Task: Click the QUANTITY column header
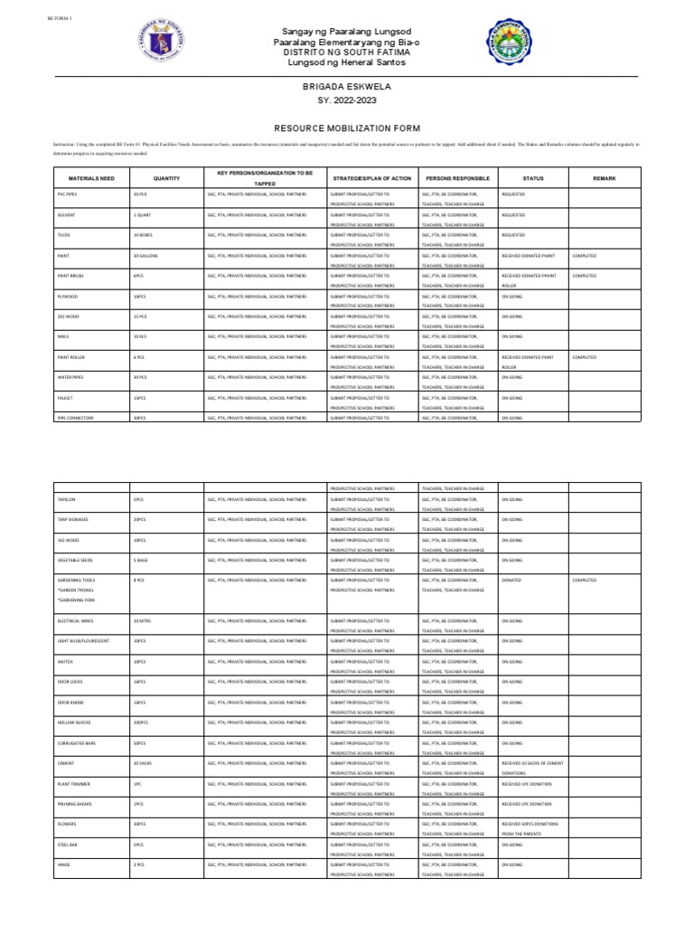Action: (167, 179)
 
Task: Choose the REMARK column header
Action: (605, 179)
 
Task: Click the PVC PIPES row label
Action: (70, 194)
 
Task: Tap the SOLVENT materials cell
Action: (67, 215)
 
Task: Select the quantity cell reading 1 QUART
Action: (142, 215)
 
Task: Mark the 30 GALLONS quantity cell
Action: (145, 256)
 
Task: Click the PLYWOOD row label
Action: (69, 296)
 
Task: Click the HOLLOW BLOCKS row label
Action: (73, 723)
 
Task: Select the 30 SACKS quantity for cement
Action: (143, 763)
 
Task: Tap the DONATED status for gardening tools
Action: (511, 580)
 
